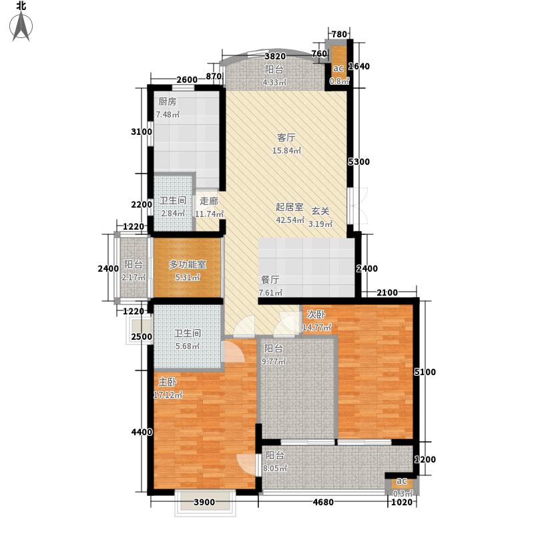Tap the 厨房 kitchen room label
click(x=168, y=102)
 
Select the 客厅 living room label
click(x=286, y=138)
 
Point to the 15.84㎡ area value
click(x=287, y=151)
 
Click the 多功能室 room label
click(x=188, y=264)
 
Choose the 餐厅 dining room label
click(x=270, y=280)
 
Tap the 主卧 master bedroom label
click(x=168, y=382)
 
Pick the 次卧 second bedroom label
click(x=316, y=314)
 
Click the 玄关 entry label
click(x=320, y=212)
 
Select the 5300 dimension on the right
click(x=358, y=162)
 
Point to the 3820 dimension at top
click(x=275, y=56)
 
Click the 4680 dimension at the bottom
click(x=323, y=503)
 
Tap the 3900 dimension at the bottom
click(x=204, y=503)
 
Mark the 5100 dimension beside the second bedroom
click(x=425, y=372)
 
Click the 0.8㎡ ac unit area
click(x=339, y=81)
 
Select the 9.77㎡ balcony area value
click(x=274, y=362)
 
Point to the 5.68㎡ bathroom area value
click(x=188, y=346)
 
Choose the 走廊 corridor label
click(x=209, y=202)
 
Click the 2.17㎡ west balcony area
click(x=134, y=278)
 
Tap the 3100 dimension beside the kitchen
click(x=142, y=131)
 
